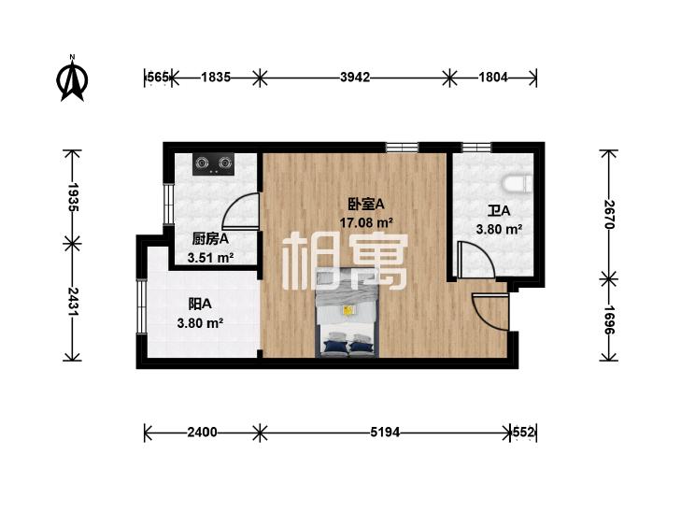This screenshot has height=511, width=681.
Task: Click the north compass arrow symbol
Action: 72,79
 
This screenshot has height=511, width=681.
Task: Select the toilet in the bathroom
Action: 518,186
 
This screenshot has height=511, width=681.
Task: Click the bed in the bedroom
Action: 348,314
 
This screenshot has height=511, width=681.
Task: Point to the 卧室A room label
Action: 366,205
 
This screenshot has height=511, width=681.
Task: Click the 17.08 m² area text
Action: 366,222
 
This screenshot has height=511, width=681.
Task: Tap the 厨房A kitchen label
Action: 210,239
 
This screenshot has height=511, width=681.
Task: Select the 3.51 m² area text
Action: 210,258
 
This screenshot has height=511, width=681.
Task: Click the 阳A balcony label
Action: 200,305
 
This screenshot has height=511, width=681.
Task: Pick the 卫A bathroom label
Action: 498,211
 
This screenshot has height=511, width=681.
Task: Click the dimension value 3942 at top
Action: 356,78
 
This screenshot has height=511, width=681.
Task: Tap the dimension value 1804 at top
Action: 491,78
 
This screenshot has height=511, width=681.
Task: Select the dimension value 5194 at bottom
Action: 385,433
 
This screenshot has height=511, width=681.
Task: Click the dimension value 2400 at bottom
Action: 202,433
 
